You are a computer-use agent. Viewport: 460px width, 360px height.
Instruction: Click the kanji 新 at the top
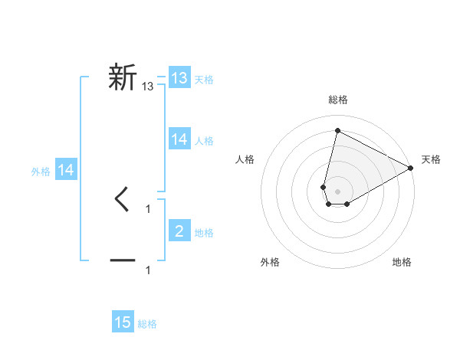tap(123, 77)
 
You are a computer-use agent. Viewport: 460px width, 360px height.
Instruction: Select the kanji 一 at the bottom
tap(123, 261)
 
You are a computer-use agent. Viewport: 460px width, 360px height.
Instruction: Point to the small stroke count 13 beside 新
tap(148, 87)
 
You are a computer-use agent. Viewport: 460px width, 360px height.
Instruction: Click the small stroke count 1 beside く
tap(148, 208)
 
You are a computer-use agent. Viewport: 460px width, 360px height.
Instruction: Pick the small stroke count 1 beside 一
tap(148, 270)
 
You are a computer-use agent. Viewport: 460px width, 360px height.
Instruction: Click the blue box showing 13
tap(179, 78)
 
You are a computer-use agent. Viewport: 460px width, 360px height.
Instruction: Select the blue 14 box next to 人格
tap(179, 139)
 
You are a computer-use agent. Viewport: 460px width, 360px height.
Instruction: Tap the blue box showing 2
tap(179, 231)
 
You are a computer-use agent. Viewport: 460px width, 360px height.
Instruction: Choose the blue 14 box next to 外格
tap(66, 170)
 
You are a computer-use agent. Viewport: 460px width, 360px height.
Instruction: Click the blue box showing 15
tap(123, 322)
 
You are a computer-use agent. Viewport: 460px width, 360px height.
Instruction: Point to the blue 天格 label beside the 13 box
tap(204, 79)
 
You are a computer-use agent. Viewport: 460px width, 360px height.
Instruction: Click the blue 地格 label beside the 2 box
tap(204, 232)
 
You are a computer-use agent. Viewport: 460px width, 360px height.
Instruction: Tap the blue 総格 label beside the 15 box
tap(147, 324)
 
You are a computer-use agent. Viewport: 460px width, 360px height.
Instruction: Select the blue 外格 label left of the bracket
tap(41, 172)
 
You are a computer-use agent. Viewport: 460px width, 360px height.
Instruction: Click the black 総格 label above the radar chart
tap(337, 100)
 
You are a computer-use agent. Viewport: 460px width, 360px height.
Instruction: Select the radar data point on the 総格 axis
tap(337, 130)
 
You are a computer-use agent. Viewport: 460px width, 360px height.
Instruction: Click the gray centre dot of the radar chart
tap(337, 190)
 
